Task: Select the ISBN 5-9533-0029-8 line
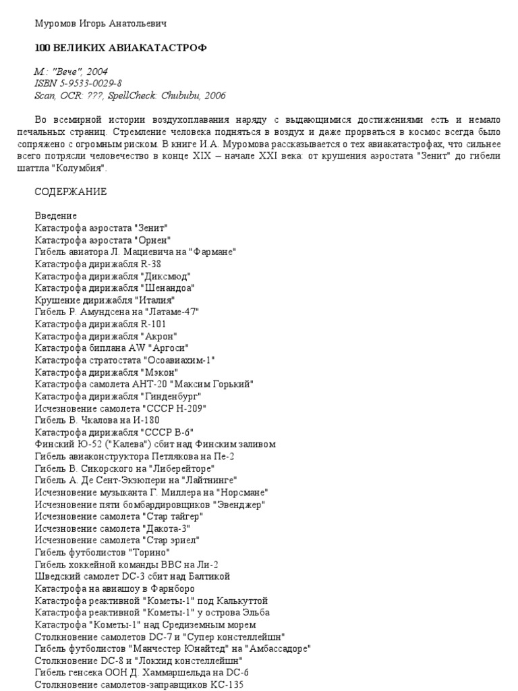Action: pyautogui.click(x=78, y=84)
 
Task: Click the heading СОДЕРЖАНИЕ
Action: pyautogui.click(x=71, y=192)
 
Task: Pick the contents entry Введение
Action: pyautogui.click(x=56, y=216)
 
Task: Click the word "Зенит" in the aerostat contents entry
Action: pyautogui.click(x=150, y=227)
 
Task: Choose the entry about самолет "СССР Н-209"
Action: pyautogui.click(x=120, y=408)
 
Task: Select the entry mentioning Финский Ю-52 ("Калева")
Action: pyautogui.click(x=155, y=444)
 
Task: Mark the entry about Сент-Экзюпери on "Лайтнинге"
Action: pyautogui.click(x=136, y=480)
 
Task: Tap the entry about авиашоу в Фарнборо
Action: pyautogui.click(x=115, y=588)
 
